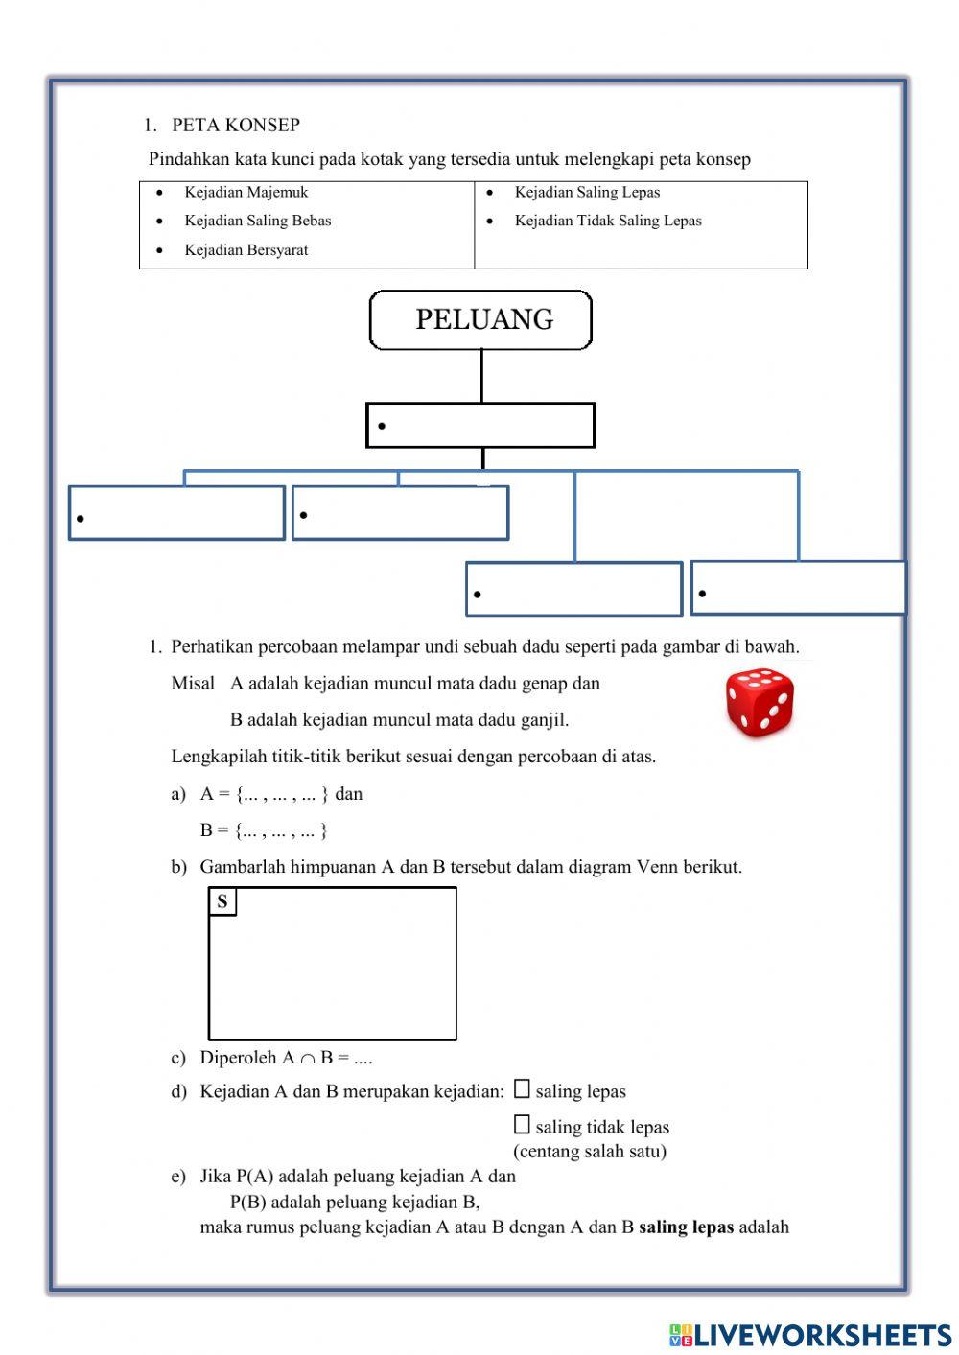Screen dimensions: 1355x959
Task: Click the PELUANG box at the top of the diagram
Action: (x=480, y=320)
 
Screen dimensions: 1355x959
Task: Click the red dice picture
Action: (x=760, y=702)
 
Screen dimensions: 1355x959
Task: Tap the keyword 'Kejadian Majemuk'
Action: (x=246, y=192)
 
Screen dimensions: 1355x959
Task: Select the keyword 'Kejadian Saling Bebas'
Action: (x=257, y=221)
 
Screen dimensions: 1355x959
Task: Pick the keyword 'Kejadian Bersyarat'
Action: (x=246, y=250)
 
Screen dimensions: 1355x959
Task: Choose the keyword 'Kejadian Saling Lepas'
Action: (x=587, y=192)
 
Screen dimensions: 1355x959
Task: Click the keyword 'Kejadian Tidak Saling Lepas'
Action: (x=607, y=221)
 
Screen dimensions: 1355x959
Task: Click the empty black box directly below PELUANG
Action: (x=480, y=425)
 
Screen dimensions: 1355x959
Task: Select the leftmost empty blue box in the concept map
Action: (x=176, y=513)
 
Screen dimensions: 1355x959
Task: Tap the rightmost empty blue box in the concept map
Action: (x=798, y=588)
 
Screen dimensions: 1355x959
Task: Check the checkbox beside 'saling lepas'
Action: (x=522, y=1089)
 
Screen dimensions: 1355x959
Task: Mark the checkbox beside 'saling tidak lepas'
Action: (x=522, y=1125)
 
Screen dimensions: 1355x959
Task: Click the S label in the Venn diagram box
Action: (x=222, y=901)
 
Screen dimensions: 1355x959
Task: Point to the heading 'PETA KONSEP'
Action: (x=235, y=125)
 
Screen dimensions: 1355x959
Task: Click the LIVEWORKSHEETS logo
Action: (x=809, y=1335)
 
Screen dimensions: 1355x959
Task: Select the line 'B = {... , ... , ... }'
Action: (x=264, y=830)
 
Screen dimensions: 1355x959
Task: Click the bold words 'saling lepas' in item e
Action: (x=686, y=1227)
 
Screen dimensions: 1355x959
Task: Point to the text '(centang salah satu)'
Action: (x=589, y=1151)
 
